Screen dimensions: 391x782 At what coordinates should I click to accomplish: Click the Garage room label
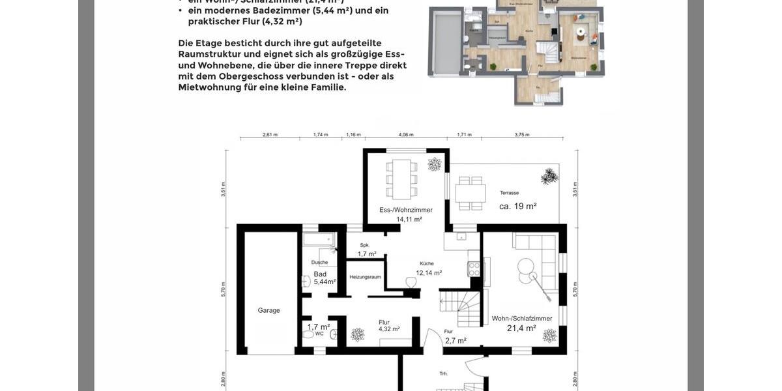(268, 311)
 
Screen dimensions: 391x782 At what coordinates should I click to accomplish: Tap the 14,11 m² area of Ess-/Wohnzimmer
(409, 220)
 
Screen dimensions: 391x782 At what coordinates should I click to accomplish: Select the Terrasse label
(509, 193)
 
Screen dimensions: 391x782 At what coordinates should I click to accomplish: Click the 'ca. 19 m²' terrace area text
(517, 207)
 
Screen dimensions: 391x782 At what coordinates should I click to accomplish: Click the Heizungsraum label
(365, 277)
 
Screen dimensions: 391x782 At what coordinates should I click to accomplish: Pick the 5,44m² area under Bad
(325, 282)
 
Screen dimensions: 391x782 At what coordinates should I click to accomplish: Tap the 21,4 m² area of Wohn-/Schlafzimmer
(521, 328)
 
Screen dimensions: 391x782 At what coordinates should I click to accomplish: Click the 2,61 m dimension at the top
(270, 135)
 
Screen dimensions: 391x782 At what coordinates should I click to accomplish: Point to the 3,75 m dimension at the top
(522, 135)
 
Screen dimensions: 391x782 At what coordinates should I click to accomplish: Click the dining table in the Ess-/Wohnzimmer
(401, 179)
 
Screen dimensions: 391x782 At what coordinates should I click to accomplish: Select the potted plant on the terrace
(549, 176)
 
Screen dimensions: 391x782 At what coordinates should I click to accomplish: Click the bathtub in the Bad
(319, 240)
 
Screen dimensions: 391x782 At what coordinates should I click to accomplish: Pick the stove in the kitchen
(474, 268)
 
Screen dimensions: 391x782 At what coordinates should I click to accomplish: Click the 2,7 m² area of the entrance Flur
(456, 341)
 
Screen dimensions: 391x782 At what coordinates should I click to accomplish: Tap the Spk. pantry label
(364, 245)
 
